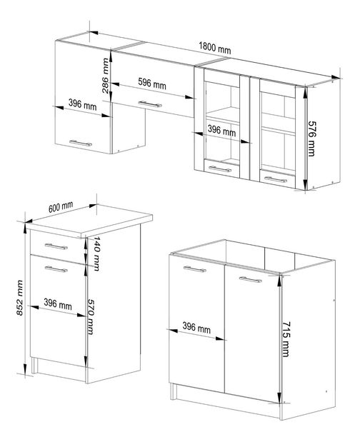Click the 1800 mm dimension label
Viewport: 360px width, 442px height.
tap(214, 50)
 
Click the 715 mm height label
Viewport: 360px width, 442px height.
tap(286, 336)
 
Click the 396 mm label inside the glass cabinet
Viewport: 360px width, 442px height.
tap(221, 131)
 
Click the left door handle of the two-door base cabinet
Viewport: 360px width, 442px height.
tap(194, 269)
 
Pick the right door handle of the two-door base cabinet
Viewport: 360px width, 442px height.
tap(250, 280)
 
